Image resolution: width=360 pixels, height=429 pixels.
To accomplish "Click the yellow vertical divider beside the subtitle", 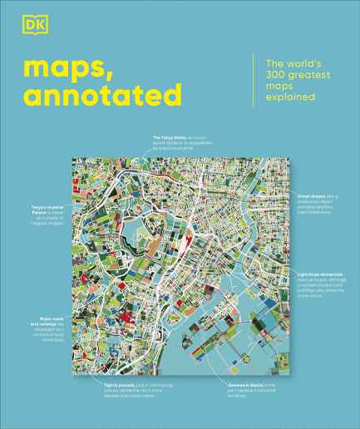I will (x=254, y=79).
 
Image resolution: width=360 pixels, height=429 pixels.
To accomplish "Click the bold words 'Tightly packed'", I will (x=119, y=386).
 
